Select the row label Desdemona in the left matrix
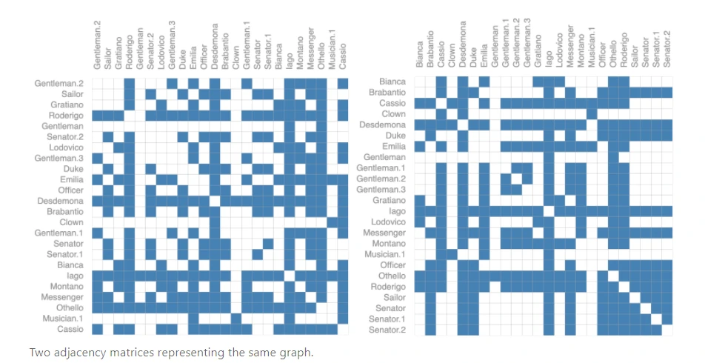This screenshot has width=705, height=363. [x=60, y=201]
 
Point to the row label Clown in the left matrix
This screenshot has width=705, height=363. [x=71, y=222]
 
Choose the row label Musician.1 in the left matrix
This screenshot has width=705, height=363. [x=62, y=319]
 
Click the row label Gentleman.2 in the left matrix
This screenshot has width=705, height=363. [x=59, y=84]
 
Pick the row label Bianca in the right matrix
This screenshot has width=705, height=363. [x=392, y=81]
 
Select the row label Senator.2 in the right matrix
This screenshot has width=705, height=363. [x=387, y=330]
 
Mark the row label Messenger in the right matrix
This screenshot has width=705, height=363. [x=387, y=233]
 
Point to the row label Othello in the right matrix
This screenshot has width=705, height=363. [x=392, y=276]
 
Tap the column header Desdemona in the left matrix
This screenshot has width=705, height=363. [x=215, y=50]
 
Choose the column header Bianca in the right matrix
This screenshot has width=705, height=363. [x=419, y=56]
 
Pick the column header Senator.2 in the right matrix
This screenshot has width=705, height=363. [x=666, y=50]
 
